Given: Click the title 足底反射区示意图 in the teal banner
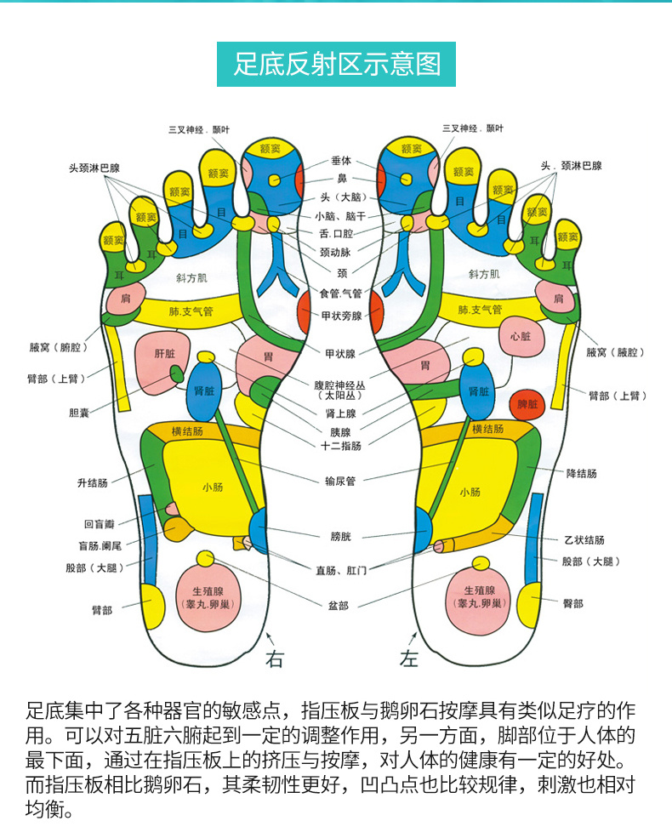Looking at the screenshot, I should coord(337,65).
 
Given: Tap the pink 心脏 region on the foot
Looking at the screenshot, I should coord(520,336).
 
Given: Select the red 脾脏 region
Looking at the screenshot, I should coord(527,404).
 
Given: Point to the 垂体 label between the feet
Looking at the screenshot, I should coord(341,161).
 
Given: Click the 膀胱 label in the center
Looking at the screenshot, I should coord(340,536).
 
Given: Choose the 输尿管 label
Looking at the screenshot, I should coord(340,481).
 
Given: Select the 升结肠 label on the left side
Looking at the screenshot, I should coord(92,482).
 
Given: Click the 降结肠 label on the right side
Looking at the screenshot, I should coord(581,473).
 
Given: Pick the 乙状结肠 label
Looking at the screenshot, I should coord(584,539).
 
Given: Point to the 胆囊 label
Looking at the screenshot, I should coord(79,413).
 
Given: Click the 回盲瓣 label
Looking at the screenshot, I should coord(99,525).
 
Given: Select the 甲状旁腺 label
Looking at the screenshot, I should coord(341,316).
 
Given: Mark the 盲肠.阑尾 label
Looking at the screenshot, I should coord(99,545).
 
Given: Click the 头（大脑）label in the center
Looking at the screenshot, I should coord(340,197).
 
